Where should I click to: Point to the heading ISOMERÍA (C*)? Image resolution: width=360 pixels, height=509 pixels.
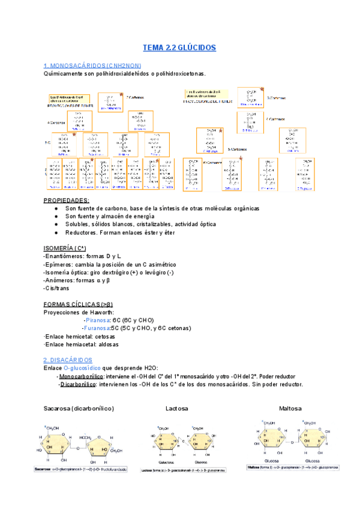[x=65, y=248]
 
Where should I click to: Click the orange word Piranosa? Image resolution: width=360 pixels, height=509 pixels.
[x=97, y=321]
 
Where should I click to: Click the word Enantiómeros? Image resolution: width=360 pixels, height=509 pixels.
[x=66, y=256]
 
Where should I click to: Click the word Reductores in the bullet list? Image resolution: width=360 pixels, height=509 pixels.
[x=81, y=232]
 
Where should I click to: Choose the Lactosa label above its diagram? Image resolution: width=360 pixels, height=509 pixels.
[x=177, y=409]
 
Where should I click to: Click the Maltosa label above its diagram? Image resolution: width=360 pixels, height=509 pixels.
[x=290, y=409]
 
